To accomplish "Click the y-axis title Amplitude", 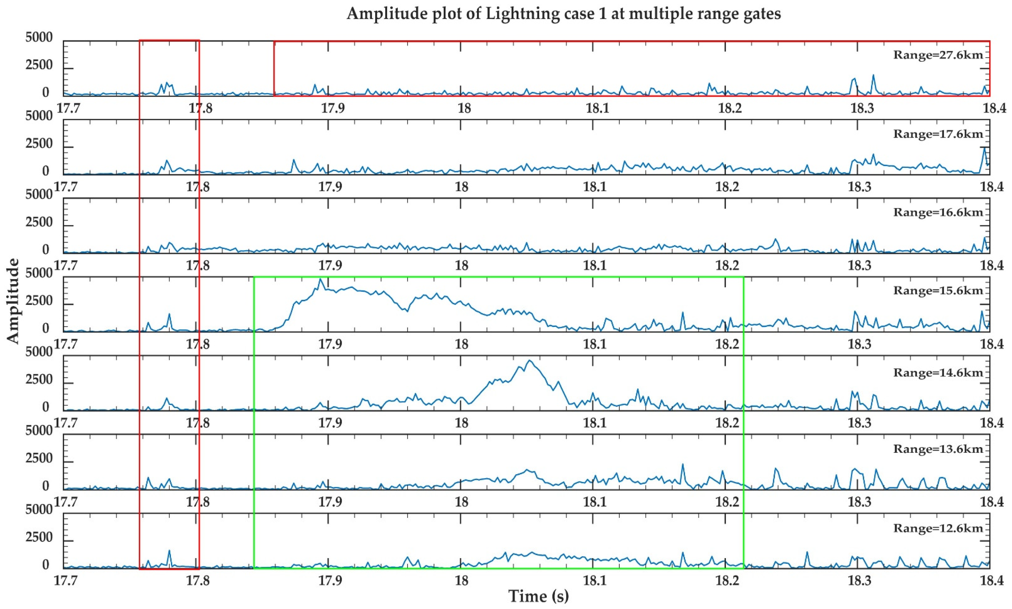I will point(13,301).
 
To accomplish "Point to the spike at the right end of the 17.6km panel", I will point(984,148).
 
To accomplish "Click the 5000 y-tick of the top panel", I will point(39,38).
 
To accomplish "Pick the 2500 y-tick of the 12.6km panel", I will point(39,537).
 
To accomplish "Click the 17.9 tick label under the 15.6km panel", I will point(330,344).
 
